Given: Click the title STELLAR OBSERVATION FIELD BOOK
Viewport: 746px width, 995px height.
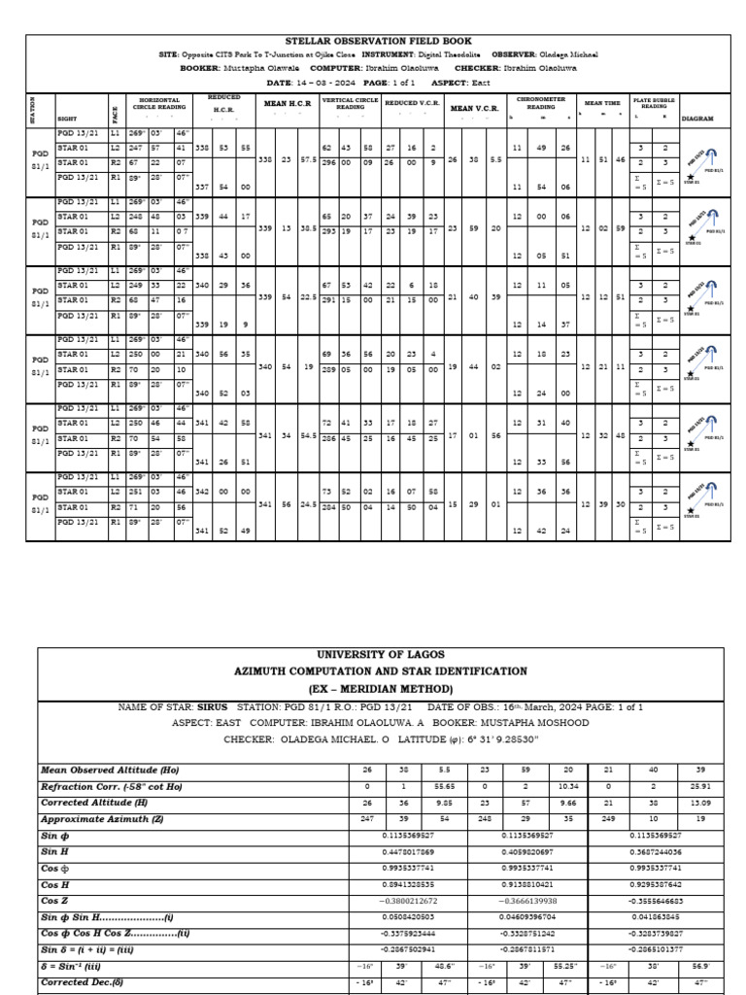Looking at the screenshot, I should click(374, 42).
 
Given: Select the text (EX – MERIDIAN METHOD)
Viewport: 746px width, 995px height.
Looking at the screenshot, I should click(374, 688).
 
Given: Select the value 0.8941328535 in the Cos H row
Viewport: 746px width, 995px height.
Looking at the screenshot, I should click(408, 885).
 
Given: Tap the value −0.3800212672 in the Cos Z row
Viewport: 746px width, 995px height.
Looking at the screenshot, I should click(408, 902).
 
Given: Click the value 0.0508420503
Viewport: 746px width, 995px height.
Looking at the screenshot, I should click(408, 918).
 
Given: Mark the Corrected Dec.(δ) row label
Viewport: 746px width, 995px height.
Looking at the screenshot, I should click(88, 984).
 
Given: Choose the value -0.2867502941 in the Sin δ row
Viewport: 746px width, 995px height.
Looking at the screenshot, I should click(408, 951).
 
